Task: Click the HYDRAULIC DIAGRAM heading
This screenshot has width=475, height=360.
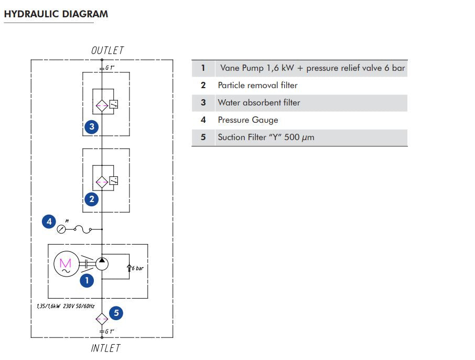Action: tap(56, 14)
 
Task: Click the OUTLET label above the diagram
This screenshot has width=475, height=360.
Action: tap(107, 50)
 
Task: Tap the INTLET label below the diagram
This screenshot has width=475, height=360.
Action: tap(105, 348)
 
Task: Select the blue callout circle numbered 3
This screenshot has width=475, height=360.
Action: tap(92, 126)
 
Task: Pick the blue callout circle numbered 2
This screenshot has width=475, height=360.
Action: tap(92, 199)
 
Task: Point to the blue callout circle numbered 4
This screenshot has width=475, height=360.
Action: tap(49, 221)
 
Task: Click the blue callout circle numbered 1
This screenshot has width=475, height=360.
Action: tap(87, 280)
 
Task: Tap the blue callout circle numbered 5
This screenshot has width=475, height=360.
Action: tap(116, 313)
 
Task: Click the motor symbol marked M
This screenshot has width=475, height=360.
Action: tap(66, 264)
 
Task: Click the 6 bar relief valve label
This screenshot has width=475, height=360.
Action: tap(137, 268)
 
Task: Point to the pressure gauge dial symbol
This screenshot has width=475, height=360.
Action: tap(62, 229)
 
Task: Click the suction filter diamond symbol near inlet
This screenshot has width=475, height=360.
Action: tap(102, 318)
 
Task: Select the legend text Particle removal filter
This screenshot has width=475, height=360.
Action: tap(257, 85)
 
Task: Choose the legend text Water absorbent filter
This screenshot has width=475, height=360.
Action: tap(259, 102)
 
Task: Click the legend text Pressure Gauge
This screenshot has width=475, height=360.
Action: tap(248, 120)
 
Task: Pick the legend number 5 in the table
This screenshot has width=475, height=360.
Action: tap(203, 137)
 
